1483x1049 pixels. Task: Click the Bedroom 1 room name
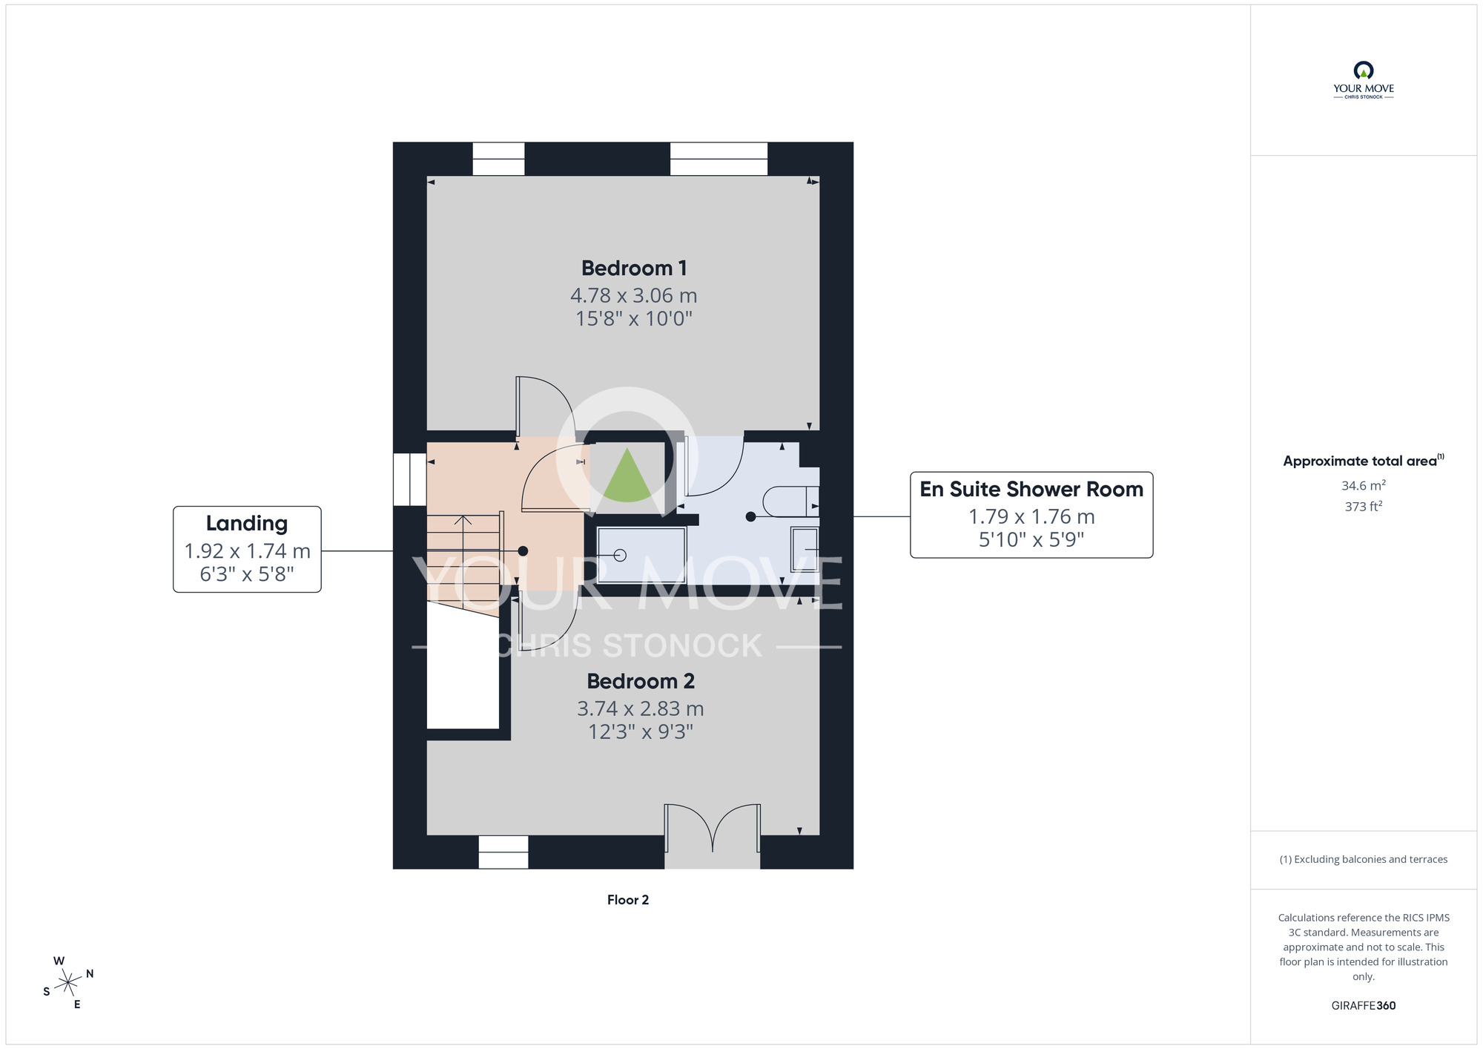634,268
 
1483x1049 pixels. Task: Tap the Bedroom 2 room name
641,681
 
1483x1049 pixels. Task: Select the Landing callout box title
247,524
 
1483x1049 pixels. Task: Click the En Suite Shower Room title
1031,489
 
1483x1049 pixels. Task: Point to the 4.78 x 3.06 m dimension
634,295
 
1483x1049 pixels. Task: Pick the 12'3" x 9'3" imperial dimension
641,732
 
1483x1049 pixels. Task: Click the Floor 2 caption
628,900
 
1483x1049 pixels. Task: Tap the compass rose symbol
68,983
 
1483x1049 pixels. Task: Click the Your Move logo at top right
1364,80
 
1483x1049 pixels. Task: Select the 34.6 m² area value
1364,485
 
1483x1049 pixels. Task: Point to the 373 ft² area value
1364,507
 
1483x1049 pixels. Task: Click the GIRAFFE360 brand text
1364,1006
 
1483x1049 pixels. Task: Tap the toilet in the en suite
790,501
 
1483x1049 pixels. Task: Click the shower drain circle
621,555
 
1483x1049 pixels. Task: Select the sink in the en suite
805,549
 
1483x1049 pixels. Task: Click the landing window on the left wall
409,479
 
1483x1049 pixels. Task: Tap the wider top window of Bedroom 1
719,159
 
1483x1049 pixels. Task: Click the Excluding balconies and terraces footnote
1364,859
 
